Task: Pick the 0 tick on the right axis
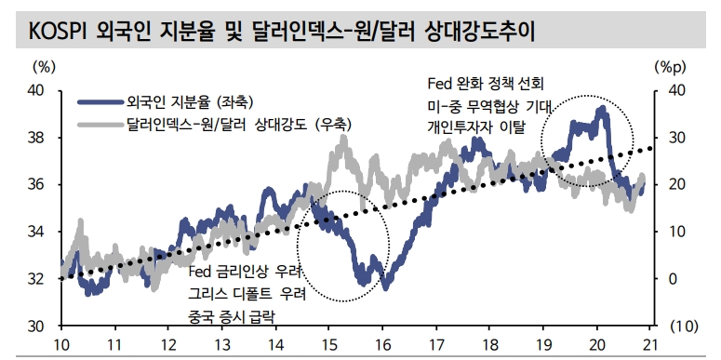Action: click(x=674, y=279)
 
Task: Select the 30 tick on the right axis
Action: click(x=677, y=138)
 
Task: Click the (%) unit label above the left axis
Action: click(x=44, y=67)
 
